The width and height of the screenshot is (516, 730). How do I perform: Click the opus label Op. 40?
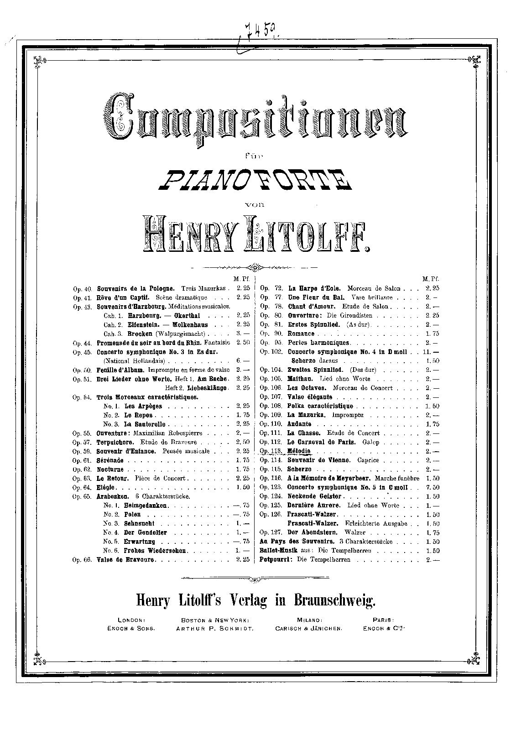[x=82, y=288]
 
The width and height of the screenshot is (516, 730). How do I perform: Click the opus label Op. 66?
[x=82, y=560]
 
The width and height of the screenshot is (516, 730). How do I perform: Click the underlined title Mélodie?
[x=299, y=451]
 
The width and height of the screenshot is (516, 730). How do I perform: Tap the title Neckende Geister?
[x=314, y=496]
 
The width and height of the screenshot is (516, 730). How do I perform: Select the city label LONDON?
[x=131, y=620]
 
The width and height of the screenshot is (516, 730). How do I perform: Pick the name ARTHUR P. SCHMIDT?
[x=214, y=628]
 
